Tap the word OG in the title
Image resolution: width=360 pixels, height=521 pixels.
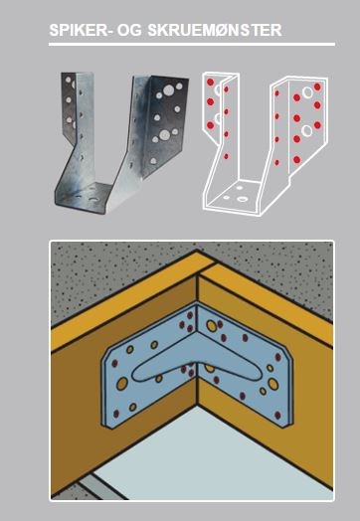pos(128,30)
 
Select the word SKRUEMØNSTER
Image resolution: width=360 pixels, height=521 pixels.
pos(215,30)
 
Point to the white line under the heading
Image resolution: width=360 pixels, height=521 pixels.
pos(192,44)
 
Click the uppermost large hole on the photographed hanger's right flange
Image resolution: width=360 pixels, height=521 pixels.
pos(169,89)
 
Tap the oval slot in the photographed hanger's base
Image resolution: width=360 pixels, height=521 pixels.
pos(94,201)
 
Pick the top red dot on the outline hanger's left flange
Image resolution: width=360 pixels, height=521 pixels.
pos(210,83)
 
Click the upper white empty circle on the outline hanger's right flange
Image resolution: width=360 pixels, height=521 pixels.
pos(307,92)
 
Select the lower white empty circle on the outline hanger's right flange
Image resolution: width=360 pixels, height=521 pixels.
pos(307,130)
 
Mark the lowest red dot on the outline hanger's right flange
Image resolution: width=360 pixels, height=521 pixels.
pos(296,160)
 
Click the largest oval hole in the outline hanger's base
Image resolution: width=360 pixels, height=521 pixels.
pos(242,199)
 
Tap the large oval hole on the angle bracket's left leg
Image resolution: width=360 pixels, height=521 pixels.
pos(122,384)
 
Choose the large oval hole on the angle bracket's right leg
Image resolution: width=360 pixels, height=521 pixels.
pos(273,384)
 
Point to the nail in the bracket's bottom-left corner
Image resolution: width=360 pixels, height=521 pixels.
pos(116,414)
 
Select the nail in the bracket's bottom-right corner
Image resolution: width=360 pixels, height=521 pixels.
pos(277,415)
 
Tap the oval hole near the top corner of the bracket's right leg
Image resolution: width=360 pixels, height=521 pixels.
pos(212,326)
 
